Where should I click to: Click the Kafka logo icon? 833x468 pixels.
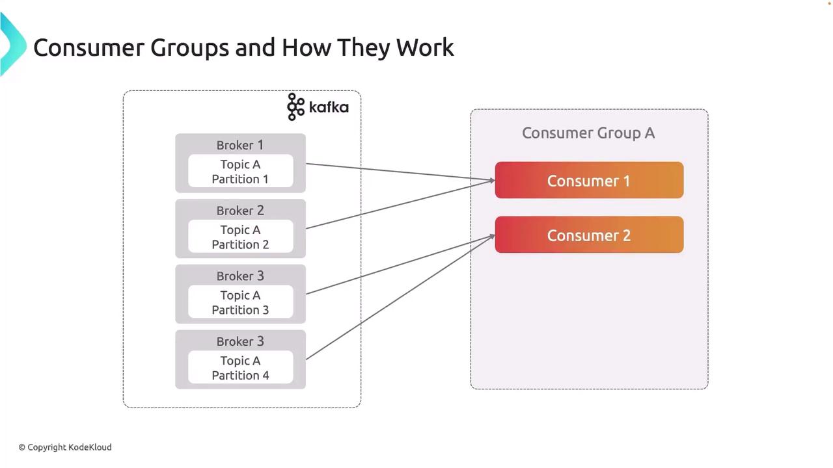click(x=296, y=107)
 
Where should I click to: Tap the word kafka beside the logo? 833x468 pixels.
click(x=329, y=107)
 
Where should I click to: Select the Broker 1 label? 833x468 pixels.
click(x=240, y=145)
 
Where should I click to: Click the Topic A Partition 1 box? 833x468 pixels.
click(x=240, y=172)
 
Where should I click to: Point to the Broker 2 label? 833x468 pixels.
click(x=240, y=211)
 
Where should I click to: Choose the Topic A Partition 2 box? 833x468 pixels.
click(x=240, y=237)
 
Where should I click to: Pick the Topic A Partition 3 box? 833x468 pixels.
click(x=240, y=302)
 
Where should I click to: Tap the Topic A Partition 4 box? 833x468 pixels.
click(x=240, y=368)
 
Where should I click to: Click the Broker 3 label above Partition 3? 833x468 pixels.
click(x=240, y=276)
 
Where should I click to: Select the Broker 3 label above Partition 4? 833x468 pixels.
click(x=240, y=341)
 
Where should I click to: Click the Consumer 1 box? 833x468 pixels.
click(x=589, y=180)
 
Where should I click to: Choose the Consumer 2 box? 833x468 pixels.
click(x=589, y=235)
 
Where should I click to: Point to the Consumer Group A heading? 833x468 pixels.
click(x=588, y=133)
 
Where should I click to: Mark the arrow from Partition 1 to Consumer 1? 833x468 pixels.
click(x=400, y=172)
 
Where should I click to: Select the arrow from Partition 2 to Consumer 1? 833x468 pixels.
click(x=400, y=204)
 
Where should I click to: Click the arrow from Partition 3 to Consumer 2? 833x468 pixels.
click(x=400, y=265)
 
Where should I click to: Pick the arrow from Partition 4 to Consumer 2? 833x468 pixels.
click(x=400, y=297)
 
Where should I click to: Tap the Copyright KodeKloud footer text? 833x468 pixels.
click(x=65, y=447)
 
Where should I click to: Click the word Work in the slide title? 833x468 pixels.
click(x=425, y=47)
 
